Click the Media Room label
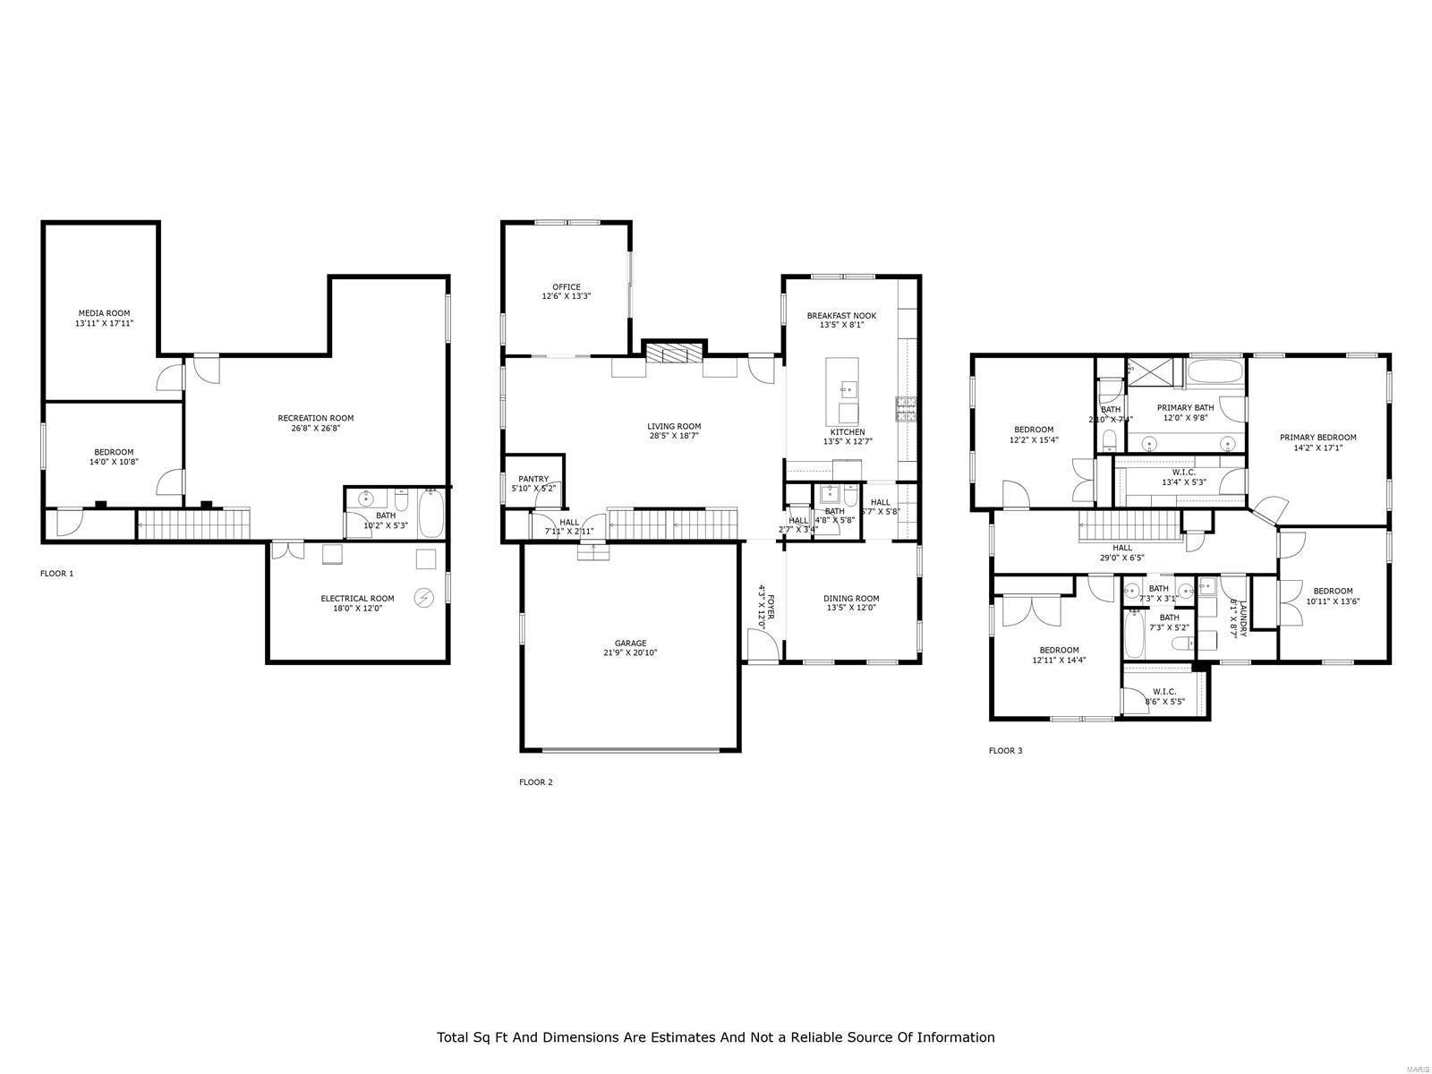click(x=104, y=313)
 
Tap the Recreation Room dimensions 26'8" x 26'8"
click(x=315, y=429)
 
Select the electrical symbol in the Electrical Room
click(x=423, y=597)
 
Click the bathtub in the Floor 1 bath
click(x=431, y=514)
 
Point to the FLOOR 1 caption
click(x=57, y=574)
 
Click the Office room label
click(x=566, y=287)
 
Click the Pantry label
click(x=533, y=479)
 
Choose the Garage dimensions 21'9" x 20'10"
click(x=630, y=653)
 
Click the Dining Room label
click(x=852, y=599)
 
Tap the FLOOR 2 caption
click(x=536, y=782)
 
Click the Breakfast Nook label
click(x=841, y=315)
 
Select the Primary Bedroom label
click(x=1317, y=438)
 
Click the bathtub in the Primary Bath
click(x=1215, y=371)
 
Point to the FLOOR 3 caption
click(x=1005, y=751)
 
